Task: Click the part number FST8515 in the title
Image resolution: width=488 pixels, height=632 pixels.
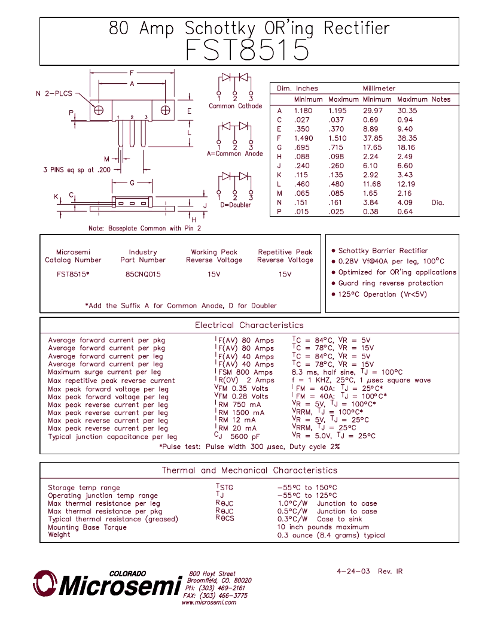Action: coord(247,50)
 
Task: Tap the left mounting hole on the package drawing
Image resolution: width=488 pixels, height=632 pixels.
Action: coord(99,110)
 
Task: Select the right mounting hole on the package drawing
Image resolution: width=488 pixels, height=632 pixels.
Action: coord(166,110)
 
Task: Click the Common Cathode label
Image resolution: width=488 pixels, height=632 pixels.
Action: coord(235,106)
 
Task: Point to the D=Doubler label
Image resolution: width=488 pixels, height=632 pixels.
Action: coord(236,205)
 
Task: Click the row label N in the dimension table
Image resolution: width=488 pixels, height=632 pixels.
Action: coord(279,202)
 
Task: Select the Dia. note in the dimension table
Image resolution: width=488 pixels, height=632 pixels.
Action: coord(438,202)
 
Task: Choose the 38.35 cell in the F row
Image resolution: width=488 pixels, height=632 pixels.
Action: coord(407,138)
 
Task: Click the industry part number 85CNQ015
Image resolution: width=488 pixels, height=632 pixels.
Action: coord(143,274)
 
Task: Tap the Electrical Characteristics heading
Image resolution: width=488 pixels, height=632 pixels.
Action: coord(249,325)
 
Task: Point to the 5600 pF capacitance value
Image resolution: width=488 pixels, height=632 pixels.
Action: coord(245,436)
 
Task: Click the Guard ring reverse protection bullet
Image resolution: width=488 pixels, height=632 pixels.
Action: coord(391,283)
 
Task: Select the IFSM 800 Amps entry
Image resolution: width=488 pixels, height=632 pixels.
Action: coord(244,372)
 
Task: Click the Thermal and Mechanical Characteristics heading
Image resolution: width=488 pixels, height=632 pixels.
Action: coord(249,470)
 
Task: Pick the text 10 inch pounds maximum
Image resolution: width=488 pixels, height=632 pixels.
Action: coord(323,527)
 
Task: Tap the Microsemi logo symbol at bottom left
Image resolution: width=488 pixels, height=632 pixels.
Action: coord(45,584)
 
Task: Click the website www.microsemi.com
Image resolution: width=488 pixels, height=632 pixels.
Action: coord(209,602)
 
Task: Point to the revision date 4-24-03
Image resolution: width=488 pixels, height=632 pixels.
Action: coord(353,571)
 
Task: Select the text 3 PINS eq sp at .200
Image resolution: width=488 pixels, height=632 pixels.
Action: coord(77,170)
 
